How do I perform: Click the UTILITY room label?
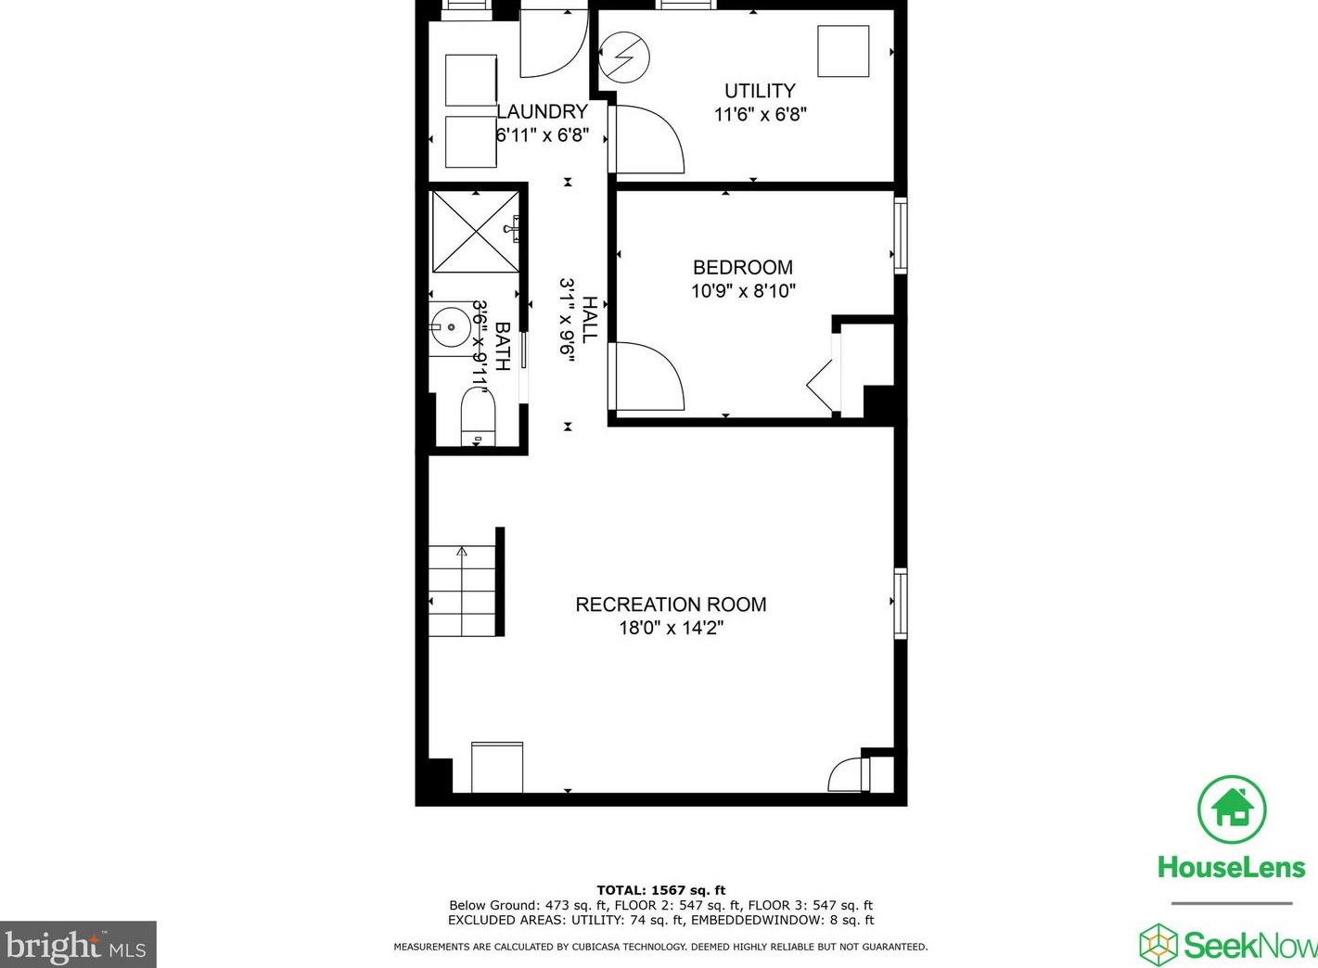coord(760,91)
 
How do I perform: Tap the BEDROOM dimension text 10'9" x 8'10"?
coord(743,291)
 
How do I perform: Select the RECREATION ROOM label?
coord(671,605)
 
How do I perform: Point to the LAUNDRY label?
coord(543,111)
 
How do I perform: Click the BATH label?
coord(502,346)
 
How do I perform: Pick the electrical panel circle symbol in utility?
coord(623,57)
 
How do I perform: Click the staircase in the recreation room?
coord(462,591)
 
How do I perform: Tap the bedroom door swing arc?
coord(649,376)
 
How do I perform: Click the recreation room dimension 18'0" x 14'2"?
coord(671,629)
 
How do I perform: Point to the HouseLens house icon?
coord(1232,809)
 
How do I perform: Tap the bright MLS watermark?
coord(78,945)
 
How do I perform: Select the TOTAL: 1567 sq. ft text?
coord(660,890)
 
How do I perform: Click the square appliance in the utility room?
coord(843,51)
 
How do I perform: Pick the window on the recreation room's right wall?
coord(900,603)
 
